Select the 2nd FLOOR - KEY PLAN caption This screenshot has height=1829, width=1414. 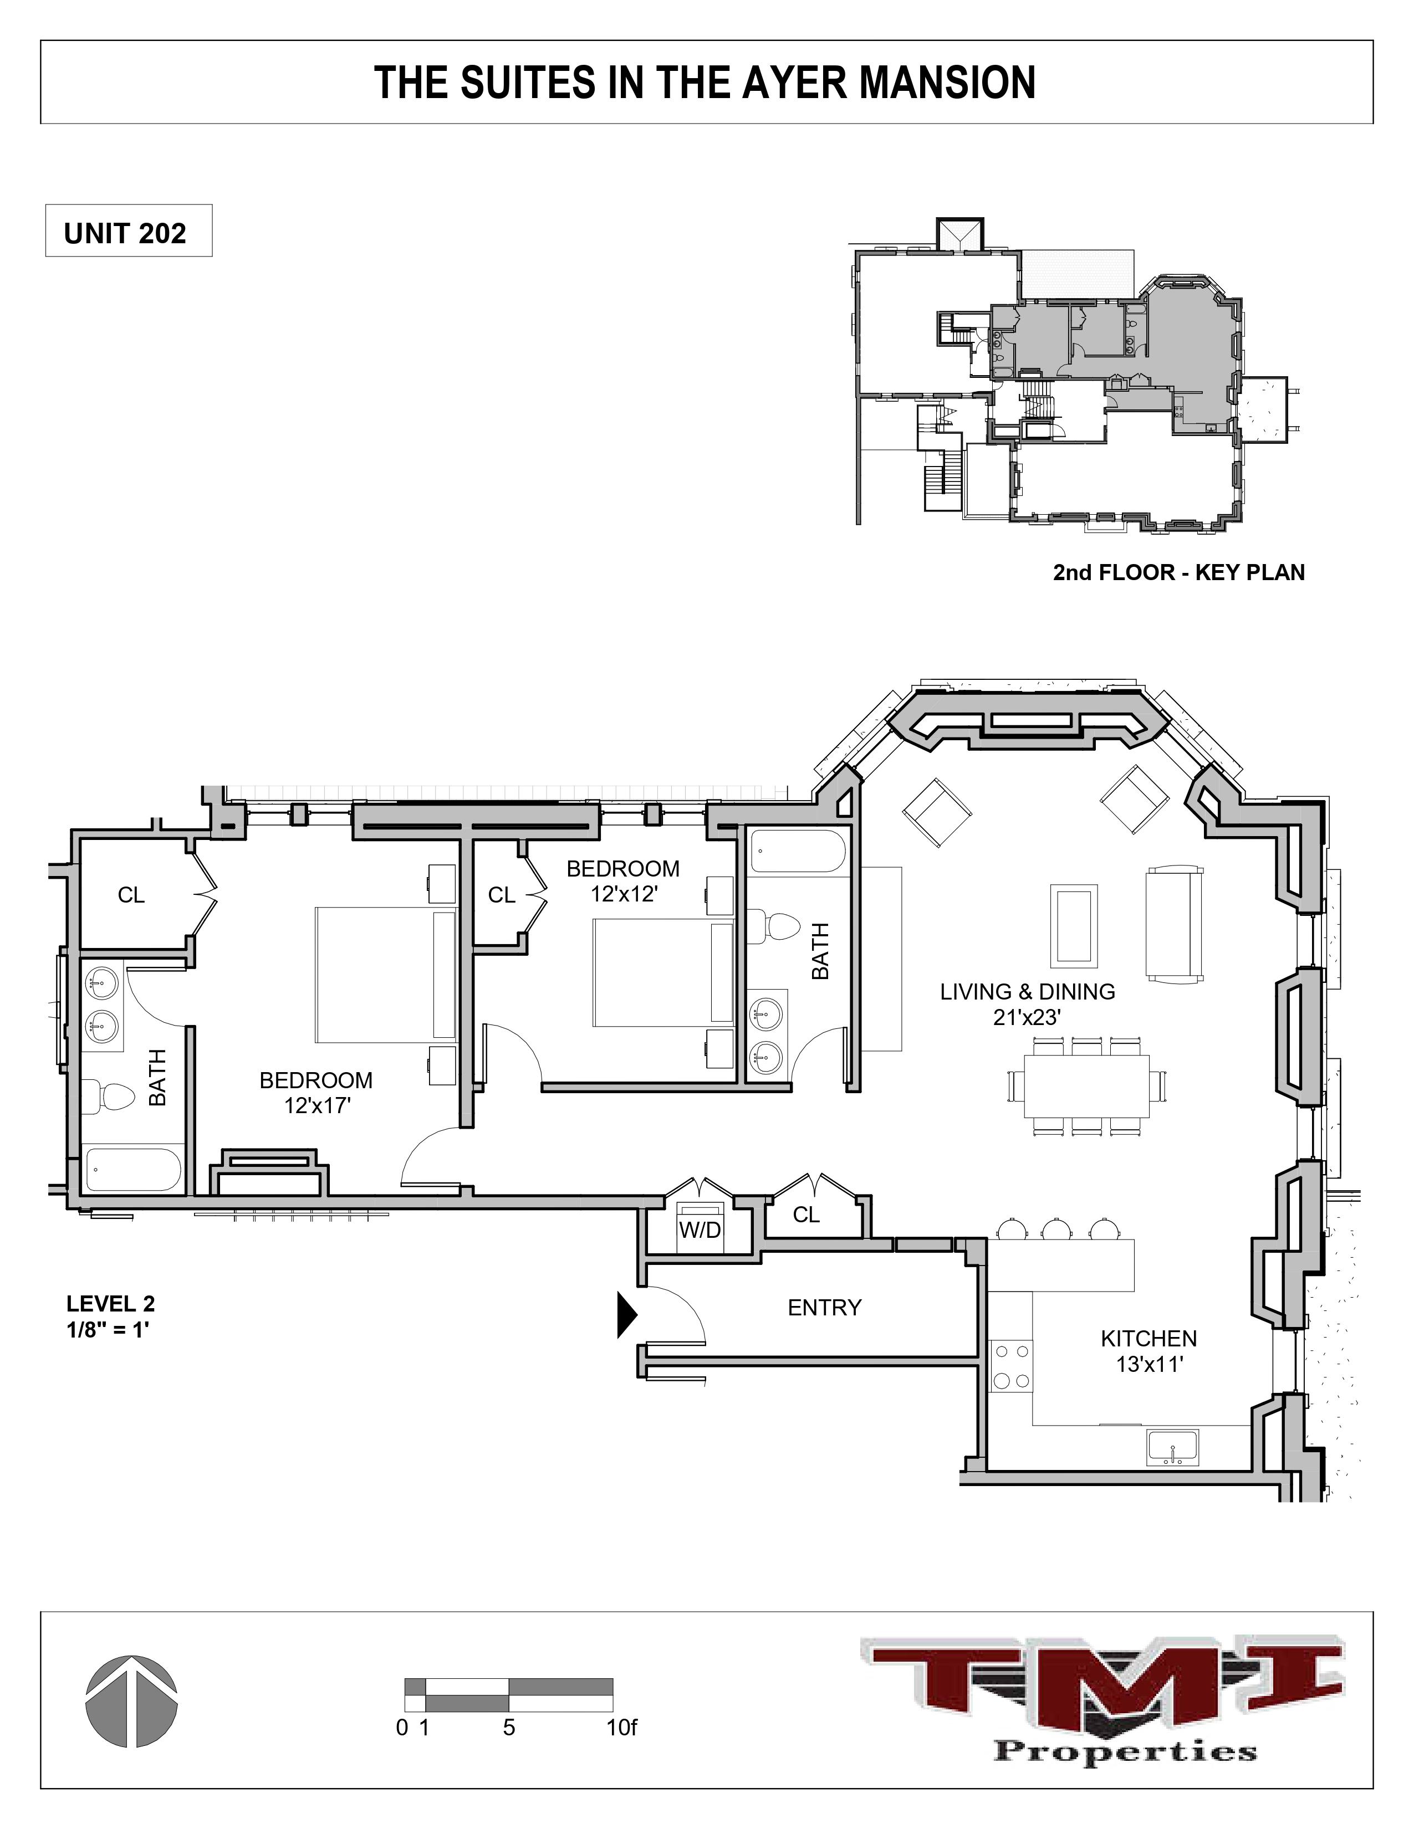[1178, 573]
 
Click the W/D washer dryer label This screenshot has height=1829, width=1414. [700, 1230]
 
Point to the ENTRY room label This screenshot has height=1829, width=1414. [824, 1307]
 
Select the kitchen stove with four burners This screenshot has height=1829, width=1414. [1010, 1365]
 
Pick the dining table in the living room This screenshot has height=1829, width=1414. [1086, 1086]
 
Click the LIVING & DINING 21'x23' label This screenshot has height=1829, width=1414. [1027, 1004]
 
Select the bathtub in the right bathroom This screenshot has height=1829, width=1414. [798, 851]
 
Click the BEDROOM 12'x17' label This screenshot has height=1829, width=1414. [316, 1093]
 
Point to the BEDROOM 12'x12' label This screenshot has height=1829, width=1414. [622, 881]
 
